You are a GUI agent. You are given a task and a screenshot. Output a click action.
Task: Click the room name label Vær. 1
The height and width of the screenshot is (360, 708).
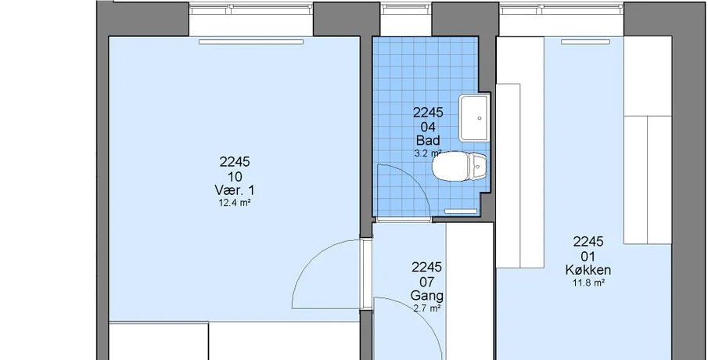[235, 190]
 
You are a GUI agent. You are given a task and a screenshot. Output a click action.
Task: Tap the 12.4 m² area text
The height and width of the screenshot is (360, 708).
[235, 203]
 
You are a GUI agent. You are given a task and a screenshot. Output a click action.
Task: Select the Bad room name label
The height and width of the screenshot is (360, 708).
[428, 140]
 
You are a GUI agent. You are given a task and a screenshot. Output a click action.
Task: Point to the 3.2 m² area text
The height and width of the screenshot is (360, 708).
[428, 153]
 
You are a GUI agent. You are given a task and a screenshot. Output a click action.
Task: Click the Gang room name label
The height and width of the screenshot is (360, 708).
[426, 297]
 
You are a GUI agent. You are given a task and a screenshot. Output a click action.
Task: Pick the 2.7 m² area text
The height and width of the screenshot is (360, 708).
[427, 309]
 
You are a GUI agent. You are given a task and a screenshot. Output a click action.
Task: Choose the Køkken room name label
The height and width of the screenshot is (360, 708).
[588, 270]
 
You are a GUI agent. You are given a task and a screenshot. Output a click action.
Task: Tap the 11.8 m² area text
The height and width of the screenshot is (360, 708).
[588, 283]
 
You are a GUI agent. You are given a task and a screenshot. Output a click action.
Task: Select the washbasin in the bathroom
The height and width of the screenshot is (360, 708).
[474, 118]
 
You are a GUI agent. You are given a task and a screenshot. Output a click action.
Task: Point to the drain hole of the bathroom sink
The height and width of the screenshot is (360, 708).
[480, 118]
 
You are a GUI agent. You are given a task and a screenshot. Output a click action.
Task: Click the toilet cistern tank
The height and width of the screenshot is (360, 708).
[479, 166]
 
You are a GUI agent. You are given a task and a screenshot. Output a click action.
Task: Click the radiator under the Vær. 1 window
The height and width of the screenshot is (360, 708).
[251, 42]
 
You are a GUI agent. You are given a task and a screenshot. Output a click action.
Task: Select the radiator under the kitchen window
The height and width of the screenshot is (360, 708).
[585, 42]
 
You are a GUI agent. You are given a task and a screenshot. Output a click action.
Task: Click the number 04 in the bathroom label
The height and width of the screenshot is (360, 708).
[428, 127]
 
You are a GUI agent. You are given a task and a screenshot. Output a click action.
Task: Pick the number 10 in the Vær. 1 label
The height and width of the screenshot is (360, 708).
[235, 177]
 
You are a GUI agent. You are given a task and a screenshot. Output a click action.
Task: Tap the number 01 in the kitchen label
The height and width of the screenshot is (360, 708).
[588, 257]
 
